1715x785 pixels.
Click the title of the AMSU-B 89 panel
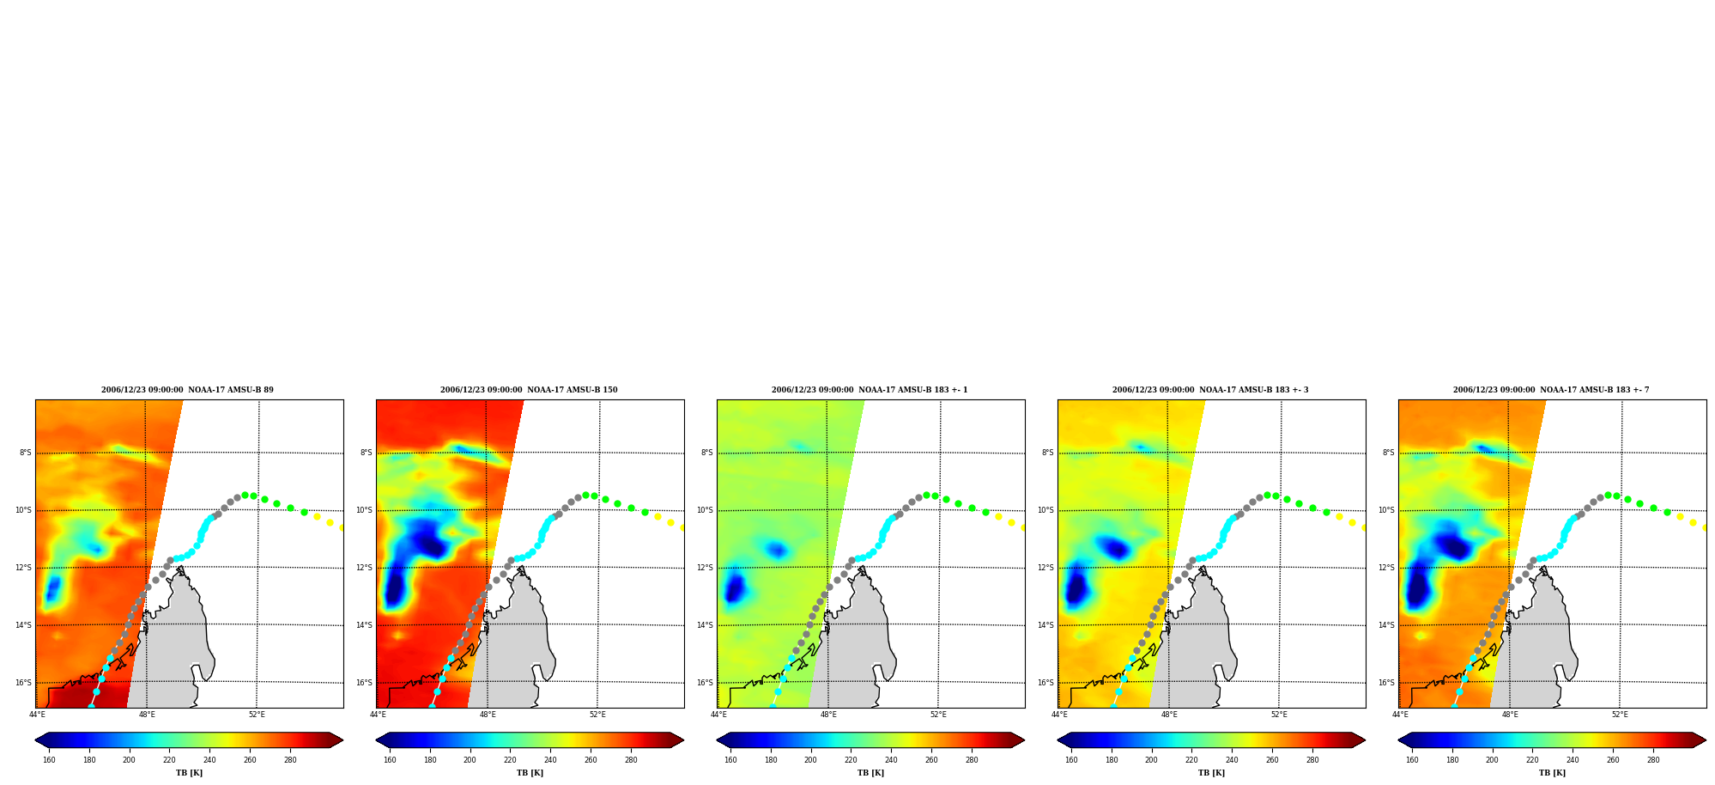click(187, 390)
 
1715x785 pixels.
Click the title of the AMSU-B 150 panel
click(529, 390)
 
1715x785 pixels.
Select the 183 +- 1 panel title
click(870, 390)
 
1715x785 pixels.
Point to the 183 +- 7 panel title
click(1551, 390)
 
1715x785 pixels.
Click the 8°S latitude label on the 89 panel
click(26, 453)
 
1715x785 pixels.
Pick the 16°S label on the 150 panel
click(365, 683)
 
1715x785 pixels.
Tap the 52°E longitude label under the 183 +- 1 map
click(938, 715)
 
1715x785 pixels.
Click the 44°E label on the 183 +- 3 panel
click(1060, 715)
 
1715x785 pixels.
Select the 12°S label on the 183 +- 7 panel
click(1387, 568)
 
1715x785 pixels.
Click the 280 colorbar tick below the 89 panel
click(290, 759)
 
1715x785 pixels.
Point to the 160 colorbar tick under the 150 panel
click(390, 759)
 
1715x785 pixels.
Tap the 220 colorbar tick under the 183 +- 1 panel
click(851, 759)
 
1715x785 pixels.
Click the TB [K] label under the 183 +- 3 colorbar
click(1211, 773)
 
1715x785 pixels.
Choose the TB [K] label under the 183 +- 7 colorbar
click(1552, 773)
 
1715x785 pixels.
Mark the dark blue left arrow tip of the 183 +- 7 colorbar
click(1399, 740)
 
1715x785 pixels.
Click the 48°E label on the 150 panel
click(488, 715)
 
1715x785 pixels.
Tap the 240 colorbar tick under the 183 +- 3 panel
click(1232, 759)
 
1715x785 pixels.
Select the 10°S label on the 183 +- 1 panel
click(706, 510)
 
